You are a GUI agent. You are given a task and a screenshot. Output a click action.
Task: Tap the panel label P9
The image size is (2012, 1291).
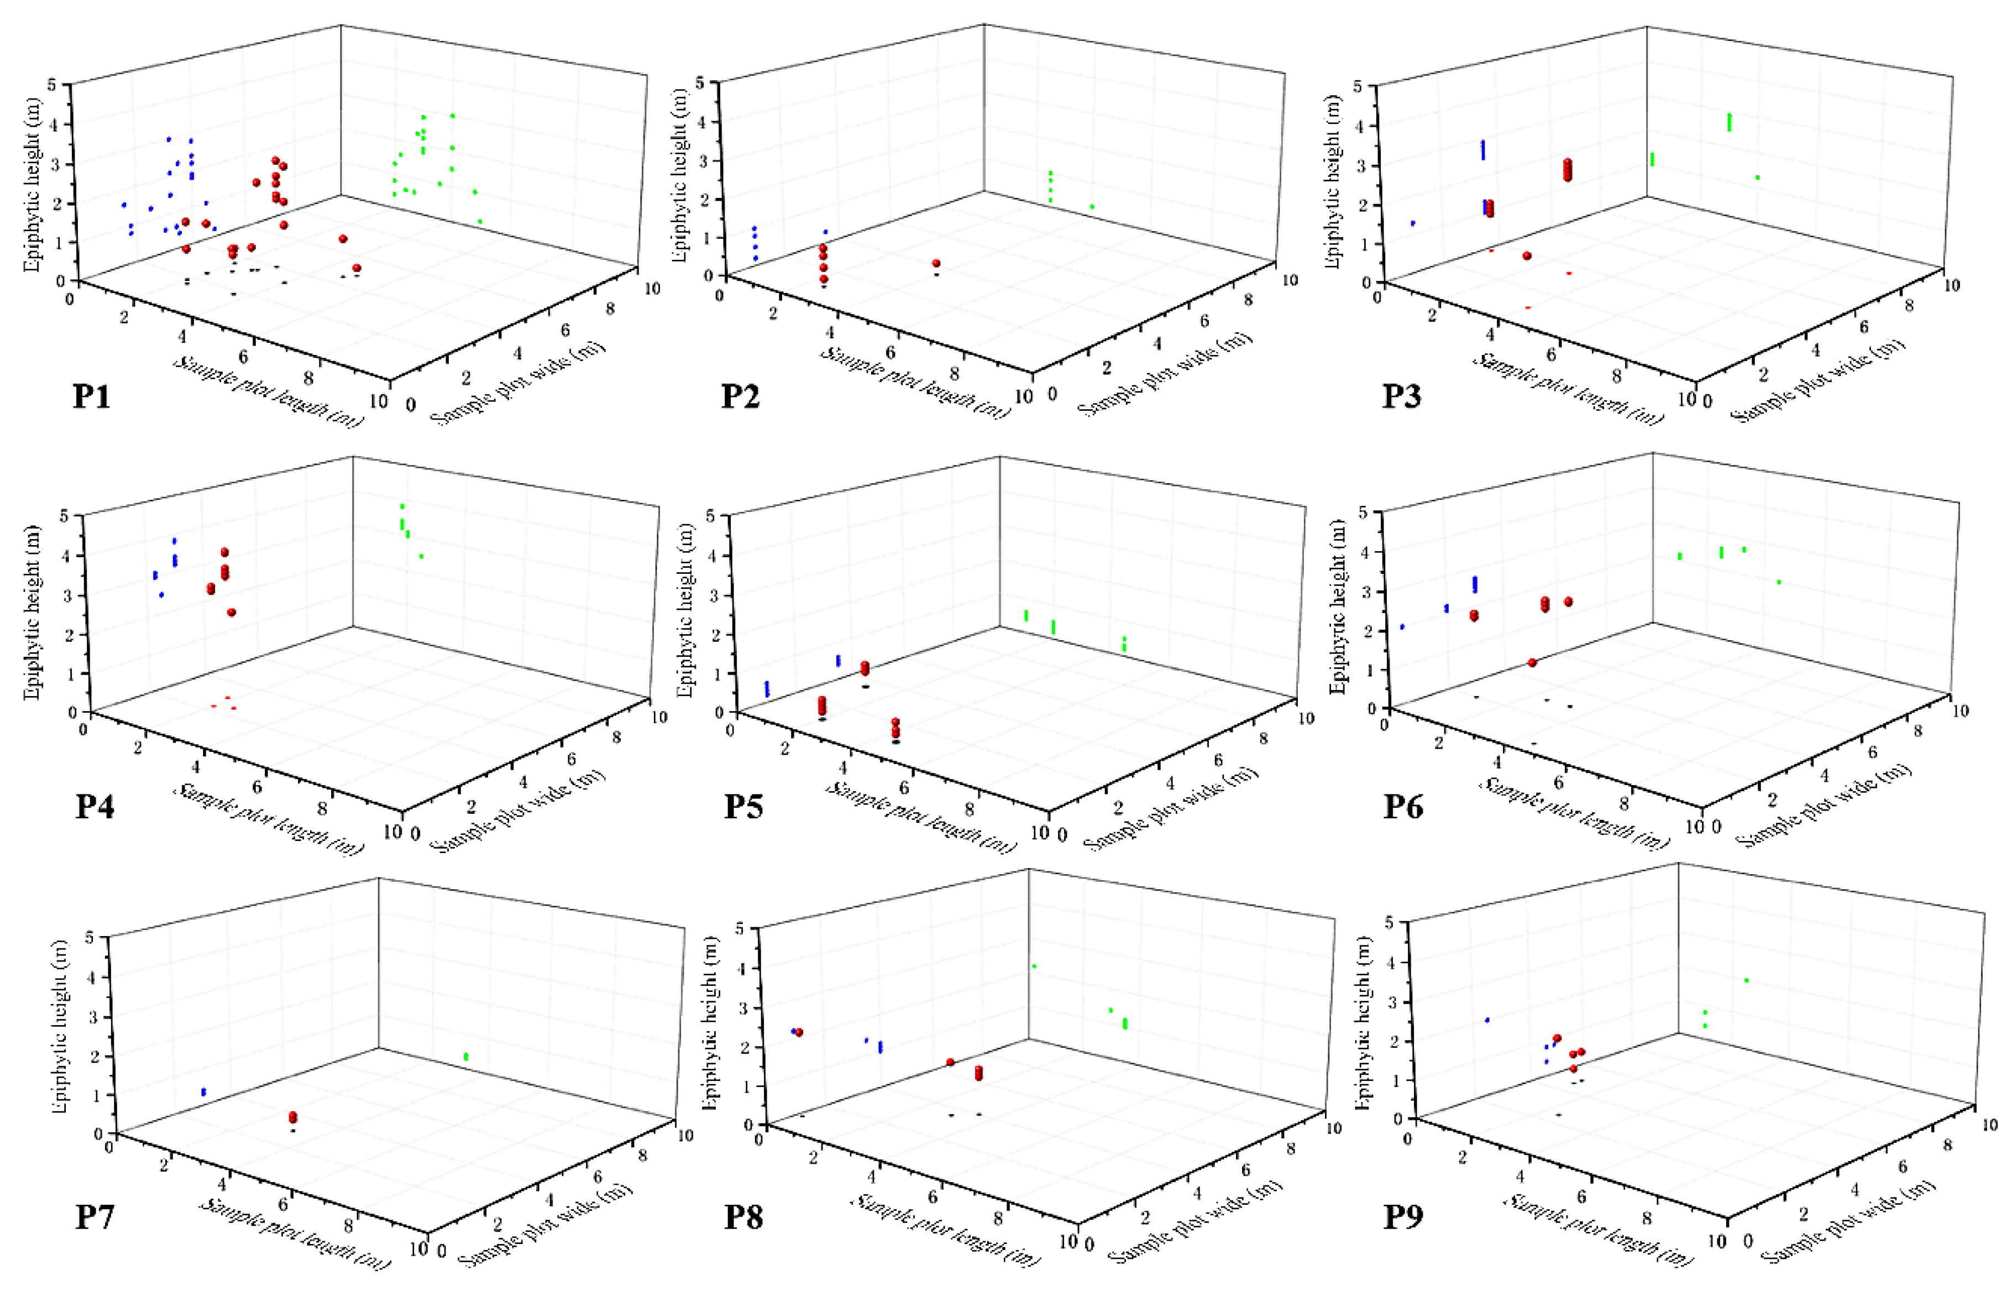coord(1402,1216)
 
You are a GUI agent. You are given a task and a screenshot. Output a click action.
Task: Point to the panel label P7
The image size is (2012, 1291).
coord(94,1216)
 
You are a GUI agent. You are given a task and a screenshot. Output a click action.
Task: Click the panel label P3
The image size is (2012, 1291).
coord(1401,395)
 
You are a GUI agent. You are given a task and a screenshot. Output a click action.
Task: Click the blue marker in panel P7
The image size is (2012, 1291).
coord(203,1093)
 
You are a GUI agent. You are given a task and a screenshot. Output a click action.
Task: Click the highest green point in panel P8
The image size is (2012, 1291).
coord(1034,966)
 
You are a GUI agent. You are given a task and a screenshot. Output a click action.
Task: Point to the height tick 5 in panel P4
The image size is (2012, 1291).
coord(63,515)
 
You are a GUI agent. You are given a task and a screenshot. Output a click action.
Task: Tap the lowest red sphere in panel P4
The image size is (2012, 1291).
coord(231,612)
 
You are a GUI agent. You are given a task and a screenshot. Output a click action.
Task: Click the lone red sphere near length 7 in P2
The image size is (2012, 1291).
coord(936,263)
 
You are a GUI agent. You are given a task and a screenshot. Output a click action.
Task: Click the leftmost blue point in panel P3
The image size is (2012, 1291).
coord(1413,223)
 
